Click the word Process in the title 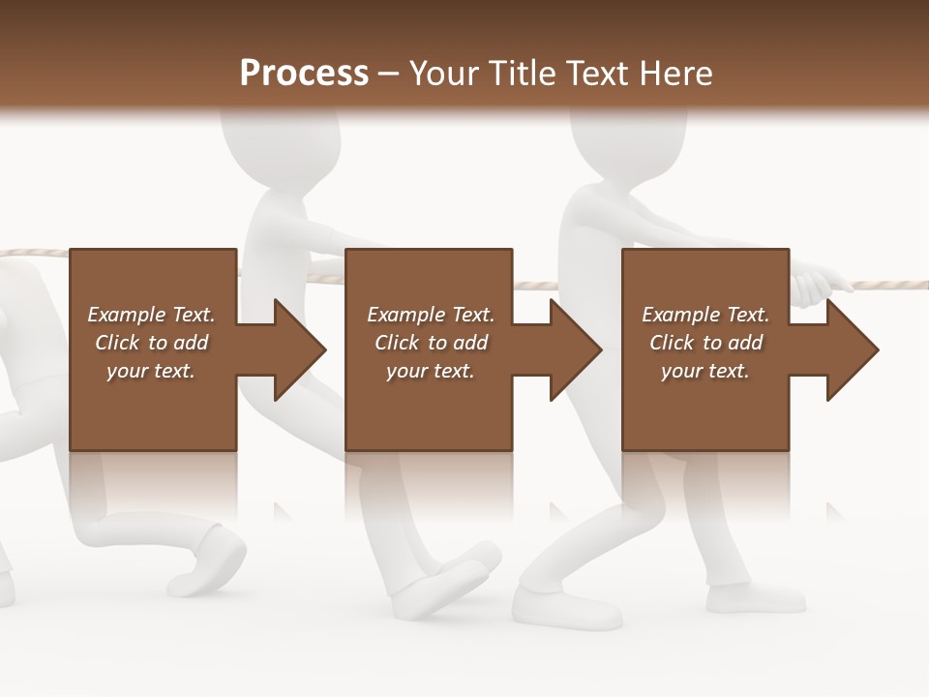[304, 74]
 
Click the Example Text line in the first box [151, 315]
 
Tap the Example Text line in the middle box [430, 315]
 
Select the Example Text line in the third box [705, 315]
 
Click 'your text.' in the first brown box [151, 371]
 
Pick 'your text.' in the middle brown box [430, 371]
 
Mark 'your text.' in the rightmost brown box [705, 371]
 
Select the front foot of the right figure [566, 605]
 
